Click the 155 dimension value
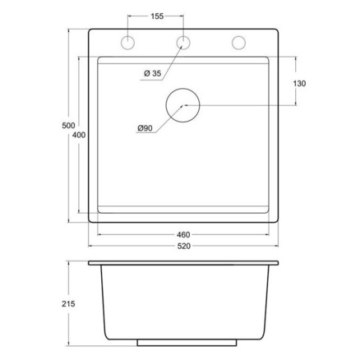point(157,16)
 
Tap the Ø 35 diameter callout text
point(153,73)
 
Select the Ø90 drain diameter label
point(145,128)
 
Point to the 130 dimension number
point(299,83)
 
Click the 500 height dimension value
point(68,126)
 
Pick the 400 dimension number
point(79,135)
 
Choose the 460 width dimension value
point(183,235)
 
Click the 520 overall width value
point(184,246)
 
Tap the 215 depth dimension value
point(68,304)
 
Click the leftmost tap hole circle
point(127,36)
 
